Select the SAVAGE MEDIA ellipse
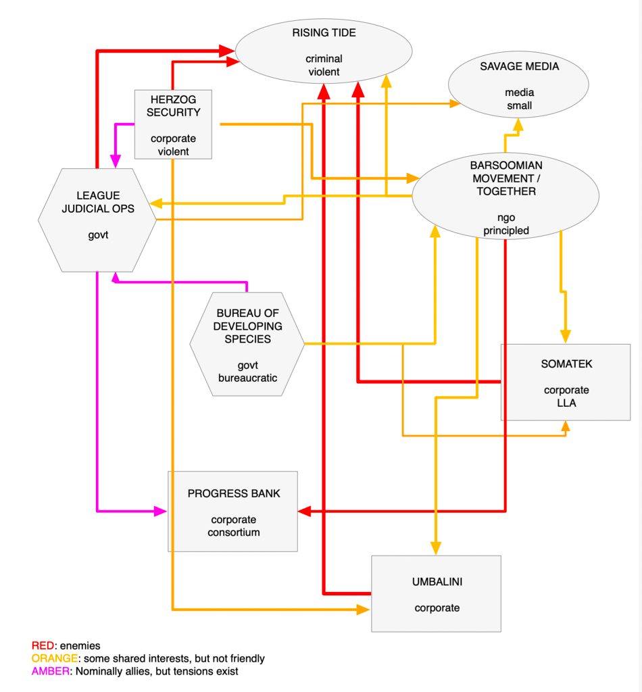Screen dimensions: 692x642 coord(518,86)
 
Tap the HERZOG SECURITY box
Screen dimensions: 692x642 coord(173,124)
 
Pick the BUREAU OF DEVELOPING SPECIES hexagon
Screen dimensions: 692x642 coord(247,344)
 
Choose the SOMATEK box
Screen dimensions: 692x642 coord(566,382)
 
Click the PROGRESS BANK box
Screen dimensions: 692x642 coord(233,512)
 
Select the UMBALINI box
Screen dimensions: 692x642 coord(437,593)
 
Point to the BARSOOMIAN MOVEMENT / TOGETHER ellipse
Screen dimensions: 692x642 coord(505,197)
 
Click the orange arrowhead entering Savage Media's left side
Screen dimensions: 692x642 coord(454,103)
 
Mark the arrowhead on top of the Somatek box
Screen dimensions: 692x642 coord(566,337)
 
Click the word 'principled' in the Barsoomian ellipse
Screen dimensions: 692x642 coord(505,230)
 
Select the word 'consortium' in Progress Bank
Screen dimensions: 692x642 coord(233,532)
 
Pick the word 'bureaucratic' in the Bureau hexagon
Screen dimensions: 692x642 coord(247,378)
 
